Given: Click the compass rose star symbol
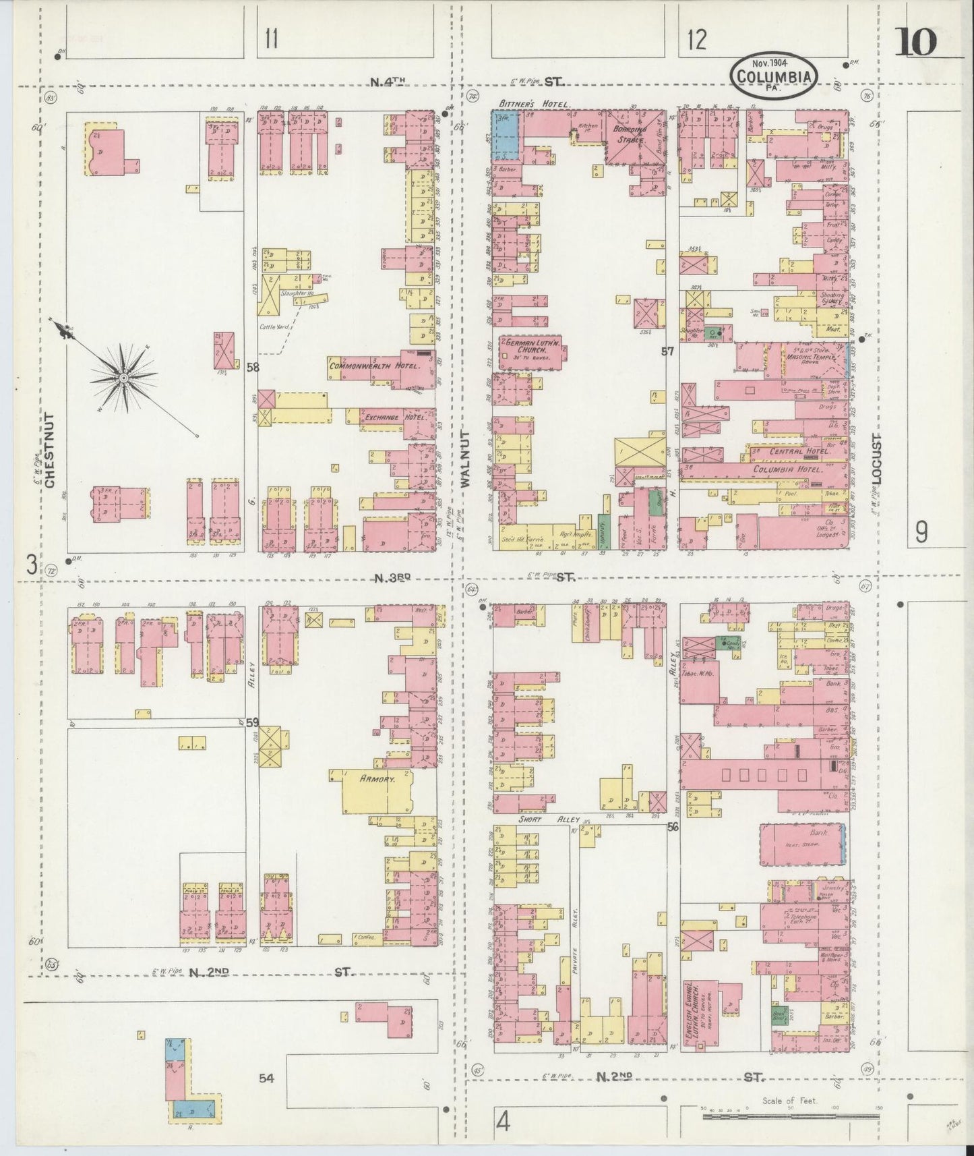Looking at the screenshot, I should (124, 378).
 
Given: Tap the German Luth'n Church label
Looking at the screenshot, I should (533, 348).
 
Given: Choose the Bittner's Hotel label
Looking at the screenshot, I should (534, 105).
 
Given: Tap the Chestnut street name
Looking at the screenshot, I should (50, 451).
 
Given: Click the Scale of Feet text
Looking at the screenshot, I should (789, 1101).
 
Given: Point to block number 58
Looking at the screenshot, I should (253, 368).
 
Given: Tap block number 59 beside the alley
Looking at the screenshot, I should (252, 722).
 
